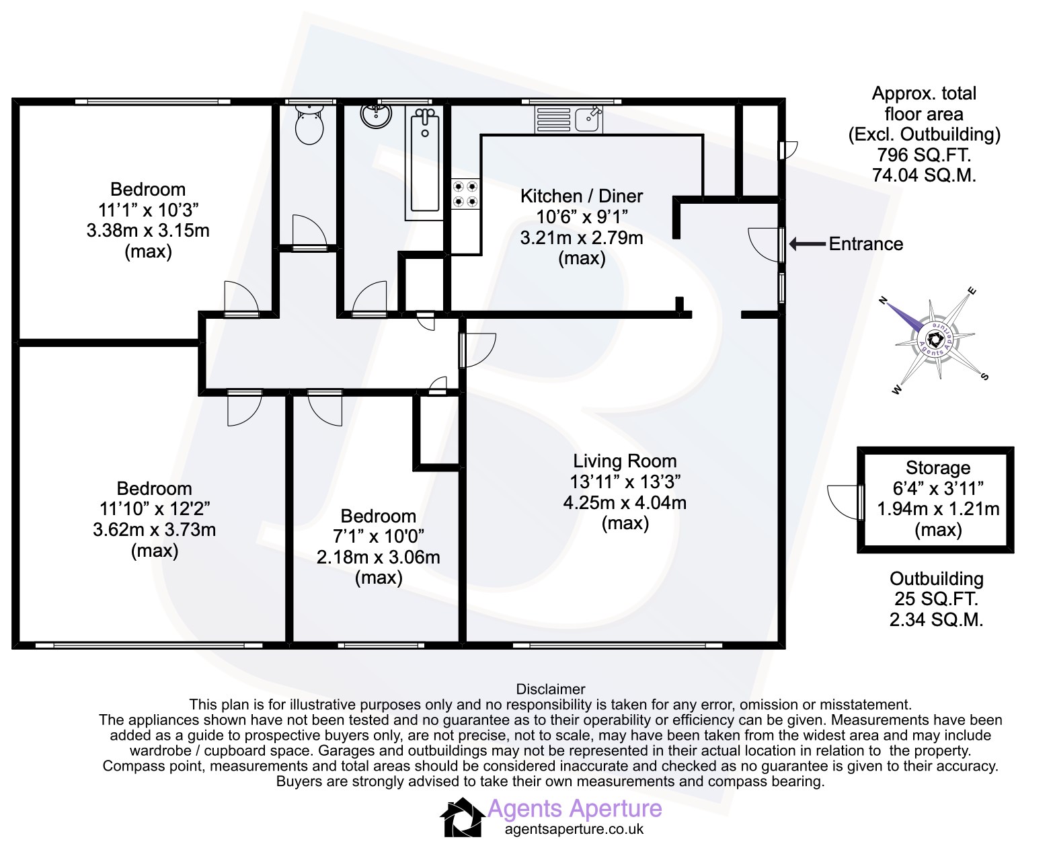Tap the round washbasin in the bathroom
coord(376,115)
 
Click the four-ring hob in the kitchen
coord(465,194)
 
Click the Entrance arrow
coord(808,244)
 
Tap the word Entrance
coord(865,244)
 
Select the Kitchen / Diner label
coord(582,196)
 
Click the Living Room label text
coord(625,461)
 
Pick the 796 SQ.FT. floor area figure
coord(924,155)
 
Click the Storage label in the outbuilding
coord(938,468)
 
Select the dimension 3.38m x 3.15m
coord(148,231)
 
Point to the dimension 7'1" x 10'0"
coord(378,537)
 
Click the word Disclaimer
coord(550,689)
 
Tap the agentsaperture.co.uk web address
coord(574,829)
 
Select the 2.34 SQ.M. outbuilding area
coord(936,619)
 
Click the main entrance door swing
coord(765,244)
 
